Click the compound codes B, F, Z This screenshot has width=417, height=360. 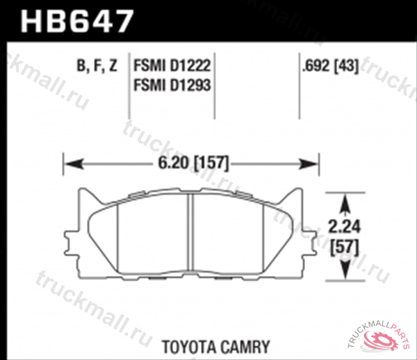pos(97,67)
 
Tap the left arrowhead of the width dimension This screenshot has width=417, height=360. pos(70,165)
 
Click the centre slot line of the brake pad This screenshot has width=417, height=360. pos(190,233)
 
